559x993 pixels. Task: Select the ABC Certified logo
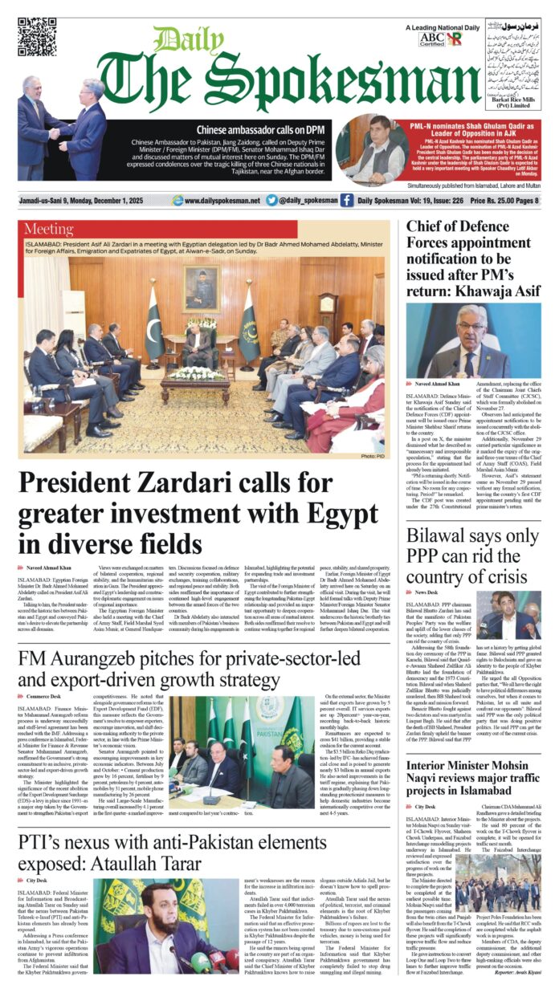pyautogui.click(x=432, y=38)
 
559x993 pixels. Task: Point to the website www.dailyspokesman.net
pyautogui.click(x=221, y=201)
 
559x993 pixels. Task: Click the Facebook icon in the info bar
pyautogui.click(x=346, y=201)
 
